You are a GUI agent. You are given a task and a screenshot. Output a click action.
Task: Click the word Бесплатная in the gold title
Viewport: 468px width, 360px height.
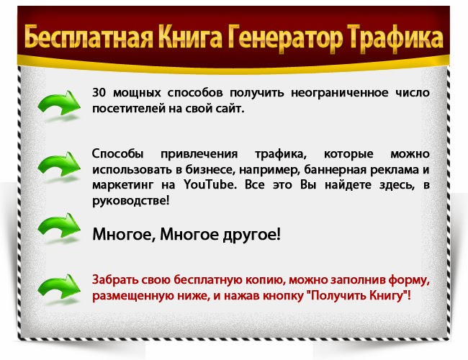pos(89,37)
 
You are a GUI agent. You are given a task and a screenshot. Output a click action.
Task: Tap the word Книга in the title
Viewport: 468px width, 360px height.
pos(191,37)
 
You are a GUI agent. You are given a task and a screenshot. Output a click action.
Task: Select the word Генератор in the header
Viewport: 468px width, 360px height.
pos(286,38)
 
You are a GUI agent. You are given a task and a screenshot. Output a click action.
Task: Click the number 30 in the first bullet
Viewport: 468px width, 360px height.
pos(99,93)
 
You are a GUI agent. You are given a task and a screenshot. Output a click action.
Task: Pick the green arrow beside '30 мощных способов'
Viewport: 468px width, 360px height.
pos(59,103)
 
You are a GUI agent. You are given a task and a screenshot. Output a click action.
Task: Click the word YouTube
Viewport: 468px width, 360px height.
pos(210,184)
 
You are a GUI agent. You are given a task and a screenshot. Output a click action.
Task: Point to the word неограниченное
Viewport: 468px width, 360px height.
pos(340,93)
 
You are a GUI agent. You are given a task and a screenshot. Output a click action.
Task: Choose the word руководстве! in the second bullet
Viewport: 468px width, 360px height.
pos(131,201)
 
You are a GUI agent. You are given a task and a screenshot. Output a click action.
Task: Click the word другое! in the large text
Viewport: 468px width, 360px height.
pos(251,234)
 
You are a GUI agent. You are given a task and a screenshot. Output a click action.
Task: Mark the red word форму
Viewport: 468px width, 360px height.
pos(409,280)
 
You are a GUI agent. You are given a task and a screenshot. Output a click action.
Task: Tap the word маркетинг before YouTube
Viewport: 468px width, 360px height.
pos(122,185)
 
